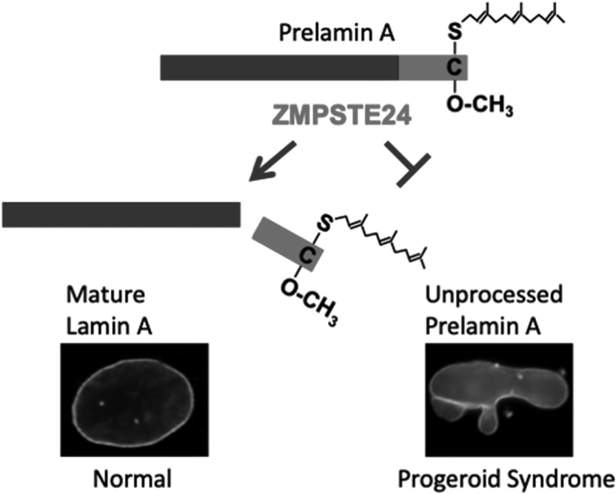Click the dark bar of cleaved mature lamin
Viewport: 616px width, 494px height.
point(121,214)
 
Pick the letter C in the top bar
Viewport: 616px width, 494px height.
point(453,69)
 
